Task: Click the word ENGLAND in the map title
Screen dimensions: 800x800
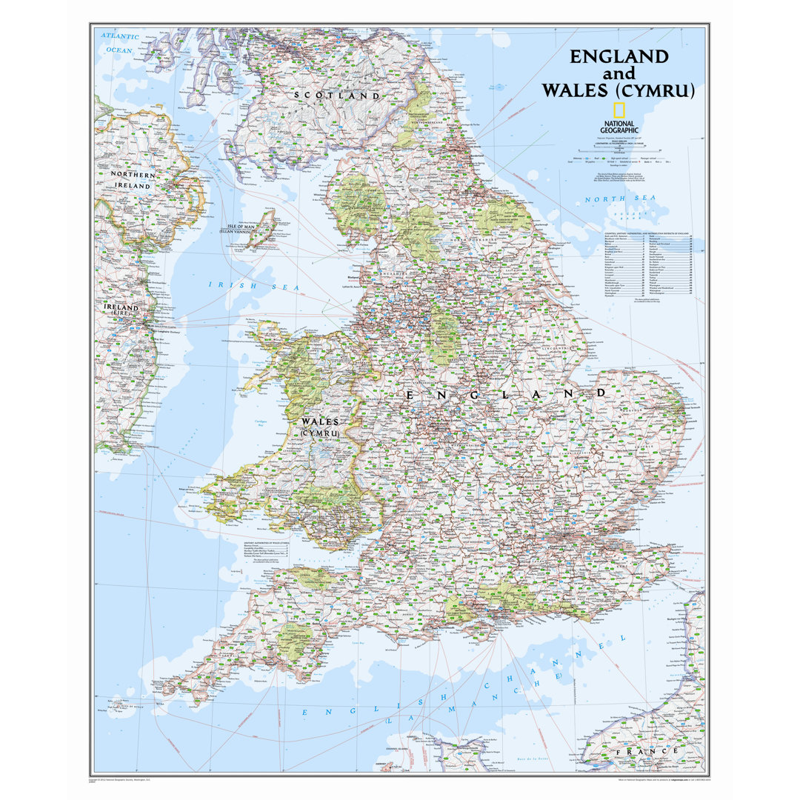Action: click(x=619, y=56)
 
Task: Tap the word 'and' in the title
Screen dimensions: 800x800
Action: click(x=619, y=74)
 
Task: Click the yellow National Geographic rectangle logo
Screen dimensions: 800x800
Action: click(x=619, y=110)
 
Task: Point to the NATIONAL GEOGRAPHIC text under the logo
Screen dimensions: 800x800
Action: click(x=619, y=126)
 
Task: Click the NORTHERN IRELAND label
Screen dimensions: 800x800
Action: click(x=131, y=179)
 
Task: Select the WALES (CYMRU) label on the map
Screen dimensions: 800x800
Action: click(x=319, y=426)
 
